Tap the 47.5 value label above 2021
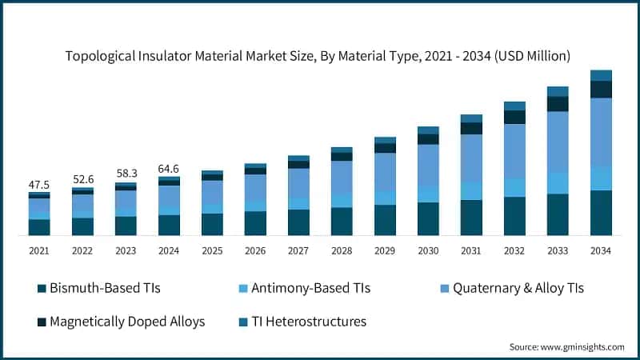39,185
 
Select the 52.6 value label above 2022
82,179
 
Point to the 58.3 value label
126,173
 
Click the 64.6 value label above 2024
169,168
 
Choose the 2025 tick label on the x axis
212,250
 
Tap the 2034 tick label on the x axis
601,250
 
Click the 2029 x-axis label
385,250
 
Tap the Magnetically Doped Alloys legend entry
119,322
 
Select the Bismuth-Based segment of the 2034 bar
601,213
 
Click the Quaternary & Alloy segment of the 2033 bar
558,142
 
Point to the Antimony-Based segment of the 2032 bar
514,187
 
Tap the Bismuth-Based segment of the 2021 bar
39,227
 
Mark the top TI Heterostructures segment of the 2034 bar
601,75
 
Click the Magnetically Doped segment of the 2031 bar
471,128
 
